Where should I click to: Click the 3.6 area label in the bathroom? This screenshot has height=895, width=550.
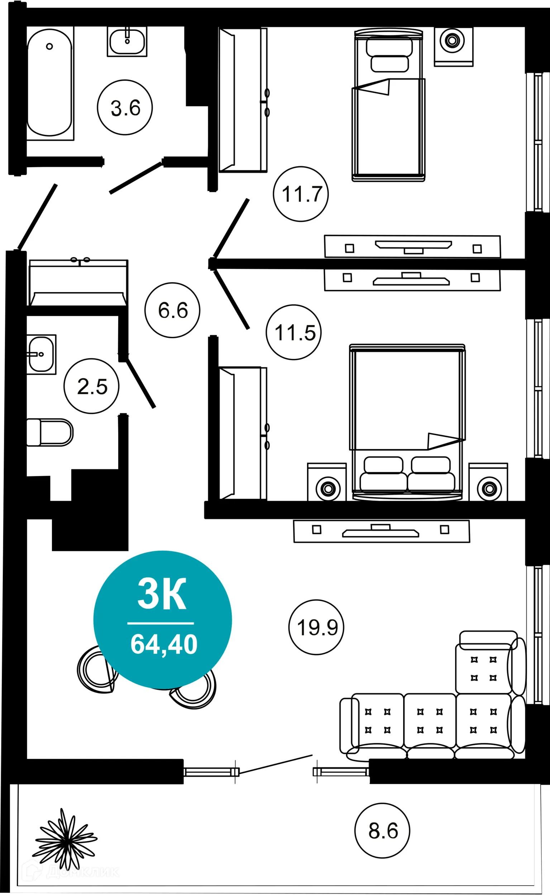coord(125,107)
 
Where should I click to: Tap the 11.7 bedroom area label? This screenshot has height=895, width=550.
coord(301,194)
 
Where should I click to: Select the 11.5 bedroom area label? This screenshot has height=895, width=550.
coord(293,332)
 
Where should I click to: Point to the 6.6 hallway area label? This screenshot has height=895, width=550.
coord(172,310)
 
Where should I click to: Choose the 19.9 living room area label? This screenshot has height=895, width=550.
coord(316,627)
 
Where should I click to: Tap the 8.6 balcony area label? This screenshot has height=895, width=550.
coord(382,831)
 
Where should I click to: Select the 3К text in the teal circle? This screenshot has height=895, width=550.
coord(162,595)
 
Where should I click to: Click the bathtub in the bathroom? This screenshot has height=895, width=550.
coord(49,83)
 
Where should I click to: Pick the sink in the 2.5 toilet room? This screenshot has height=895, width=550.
coord(41,354)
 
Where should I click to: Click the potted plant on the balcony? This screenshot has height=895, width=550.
coord(66,840)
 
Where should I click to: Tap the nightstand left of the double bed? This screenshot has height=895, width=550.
coord(327,483)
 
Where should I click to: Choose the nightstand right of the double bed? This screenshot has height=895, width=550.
coord(488,483)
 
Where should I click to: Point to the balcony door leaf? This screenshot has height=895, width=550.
coord(276,764)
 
